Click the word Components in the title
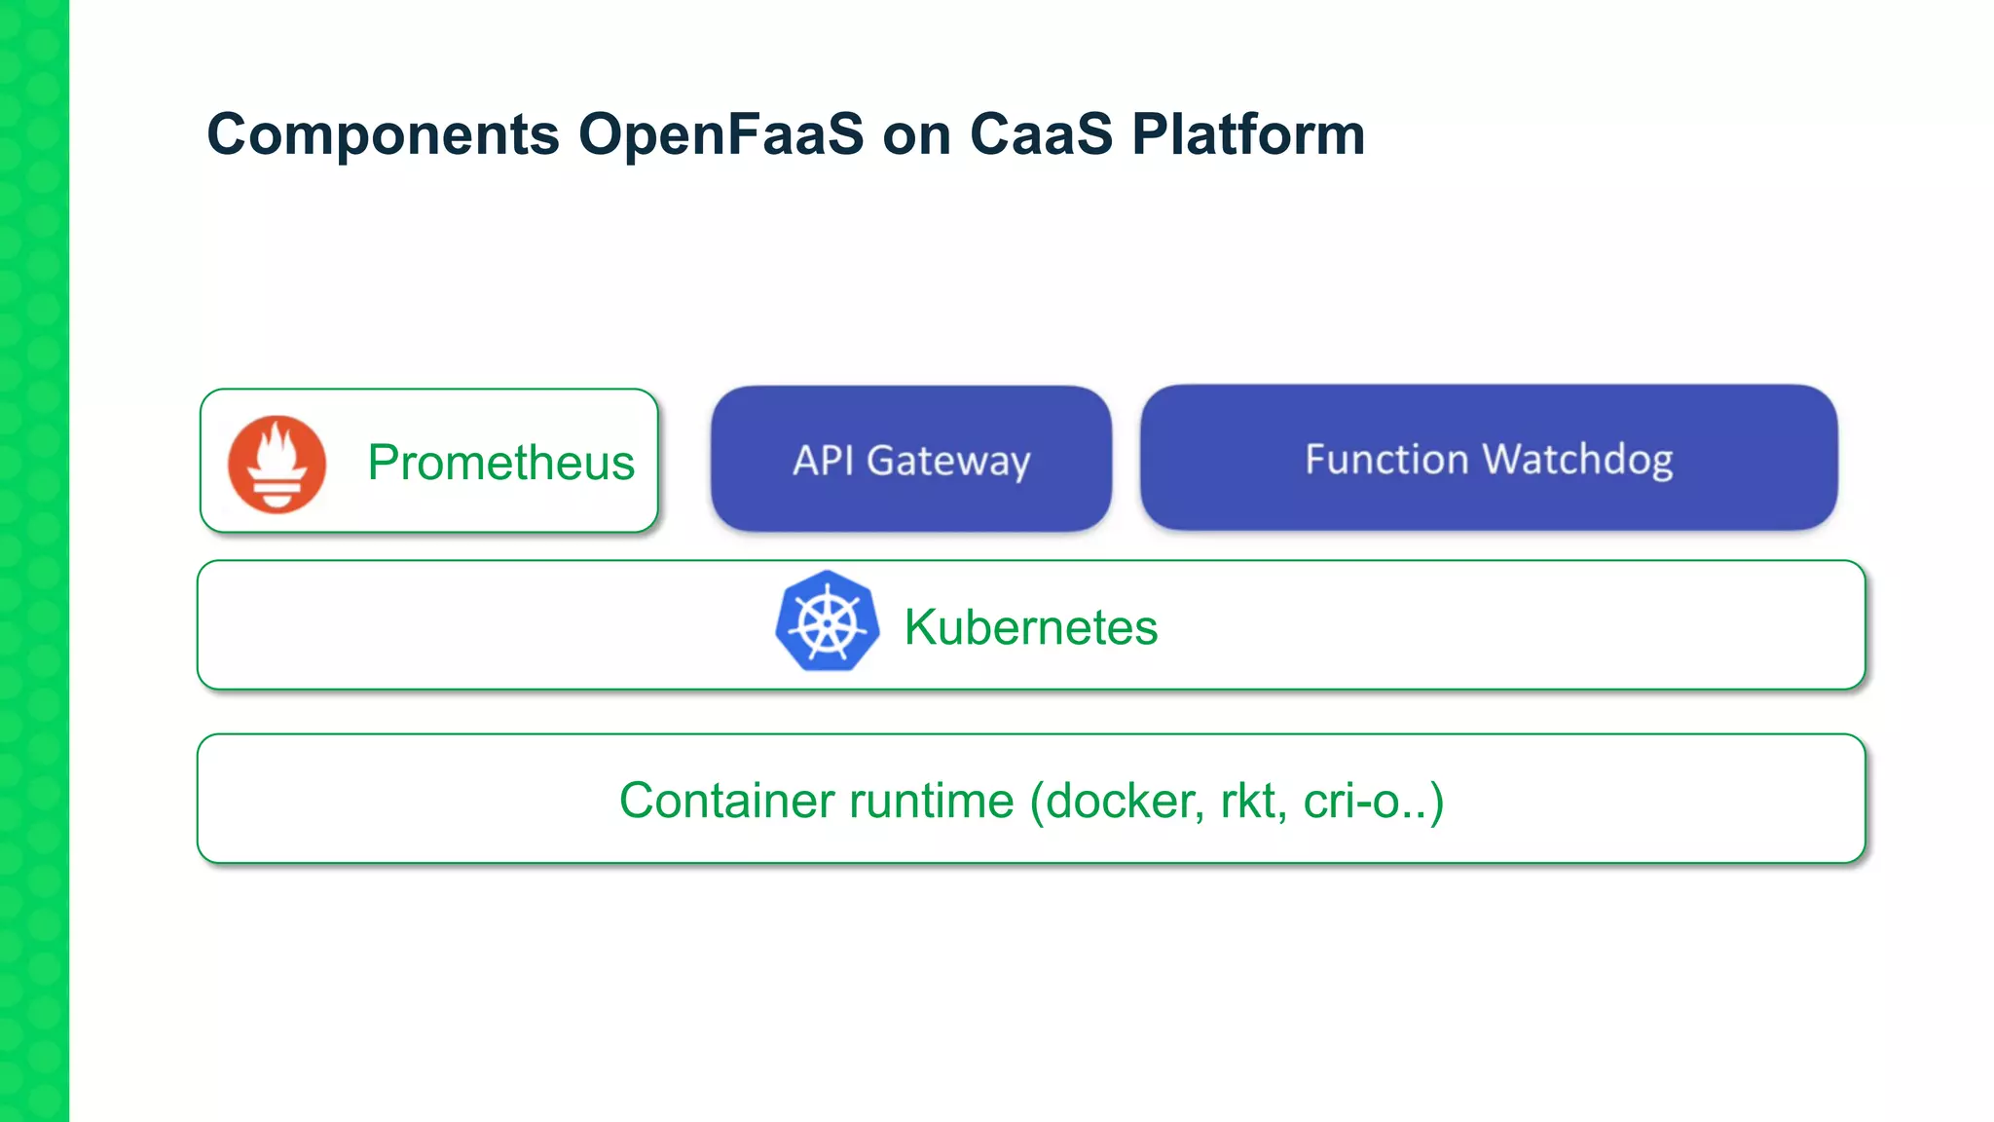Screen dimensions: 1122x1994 click(x=383, y=135)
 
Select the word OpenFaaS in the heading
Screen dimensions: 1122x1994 click(x=720, y=133)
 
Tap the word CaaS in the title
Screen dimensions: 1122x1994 click(x=1041, y=133)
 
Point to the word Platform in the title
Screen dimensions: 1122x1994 click(x=1248, y=133)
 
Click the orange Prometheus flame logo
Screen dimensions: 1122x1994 click(x=277, y=465)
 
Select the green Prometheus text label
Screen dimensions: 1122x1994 click(x=500, y=463)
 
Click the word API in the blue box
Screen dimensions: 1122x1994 click(x=823, y=461)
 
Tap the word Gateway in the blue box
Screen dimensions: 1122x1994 click(x=948, y=461)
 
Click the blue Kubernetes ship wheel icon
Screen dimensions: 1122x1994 click(x=828, y=621)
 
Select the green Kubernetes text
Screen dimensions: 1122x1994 click(x=1030, y=627)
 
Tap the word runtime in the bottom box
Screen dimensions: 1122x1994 click(x=932, y=801)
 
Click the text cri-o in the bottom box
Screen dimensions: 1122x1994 click(x=1351, y=801)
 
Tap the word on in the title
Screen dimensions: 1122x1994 click(x=916, y=135)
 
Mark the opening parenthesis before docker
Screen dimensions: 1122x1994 click(x=1037, y=801)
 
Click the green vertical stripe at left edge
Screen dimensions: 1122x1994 click(x=34, y=561)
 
